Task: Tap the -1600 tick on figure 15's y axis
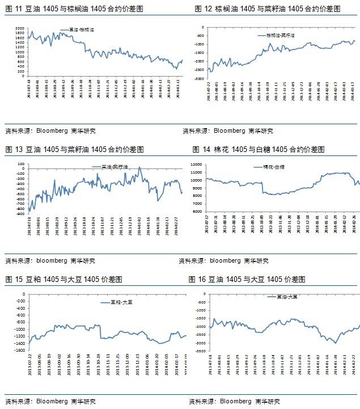pos(21,351)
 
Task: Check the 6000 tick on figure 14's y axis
pos(196,211)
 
